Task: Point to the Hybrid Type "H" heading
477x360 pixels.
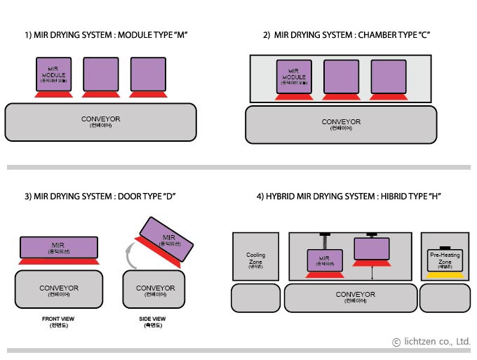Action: (349, 195)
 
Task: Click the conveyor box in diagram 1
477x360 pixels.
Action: (100, 121)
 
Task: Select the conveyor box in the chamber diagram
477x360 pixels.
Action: (341, 124)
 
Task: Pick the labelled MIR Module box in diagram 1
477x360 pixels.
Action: (54, 74)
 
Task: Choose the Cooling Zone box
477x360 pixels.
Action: (255, 257)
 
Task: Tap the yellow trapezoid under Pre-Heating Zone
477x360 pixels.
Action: (445, 275)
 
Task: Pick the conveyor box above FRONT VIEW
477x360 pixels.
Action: (59, 289)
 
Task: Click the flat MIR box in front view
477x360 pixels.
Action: (59, 246)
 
